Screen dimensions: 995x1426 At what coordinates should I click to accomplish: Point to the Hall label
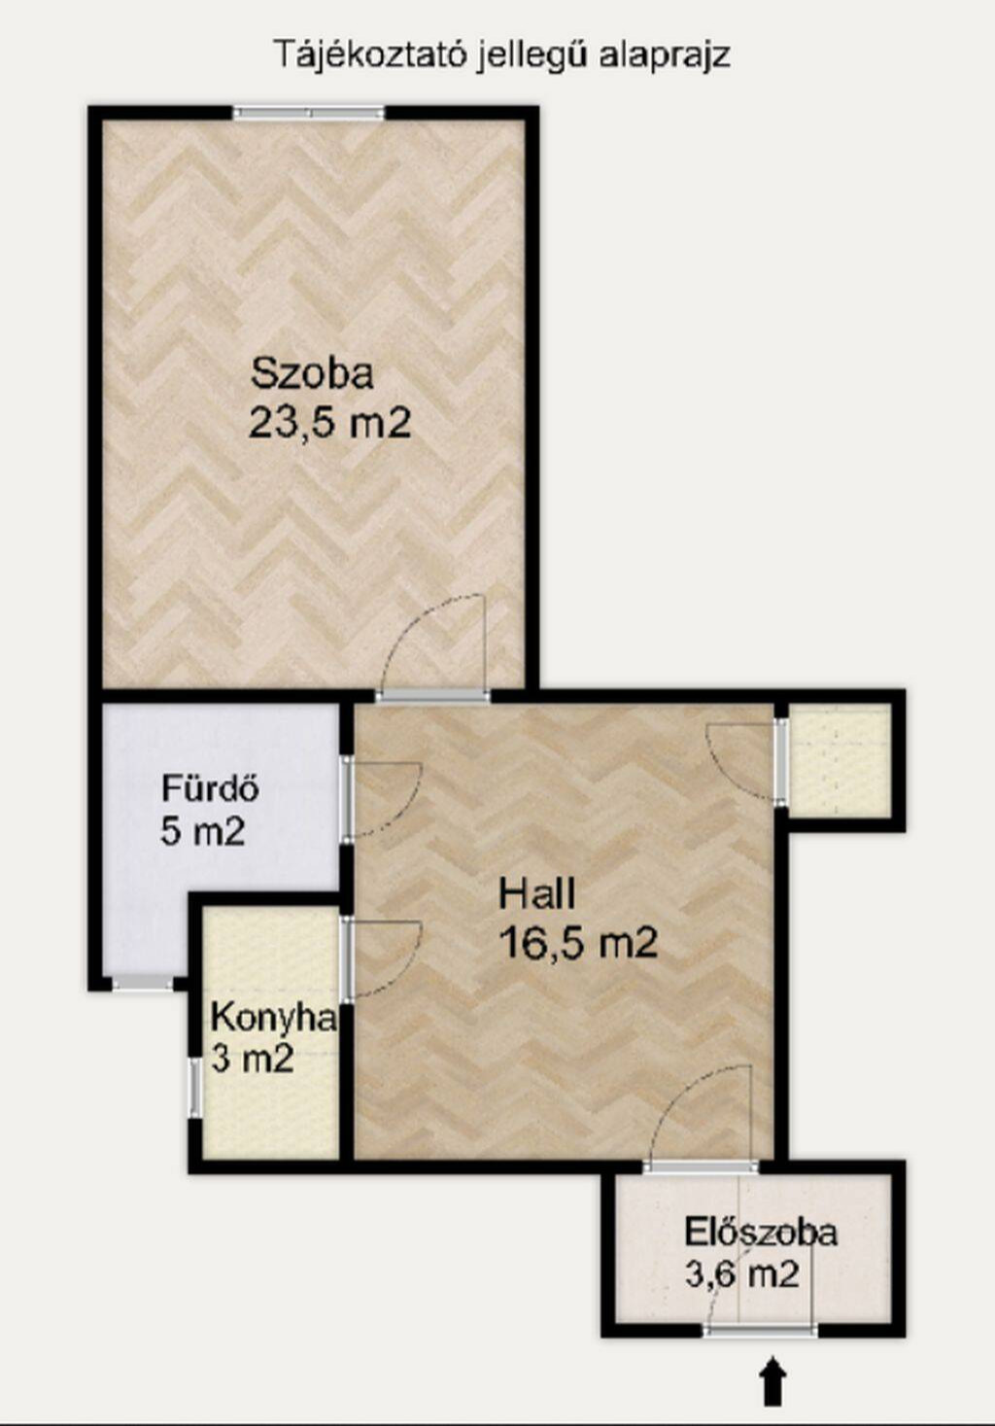pyautogui.click(x=537, y=892)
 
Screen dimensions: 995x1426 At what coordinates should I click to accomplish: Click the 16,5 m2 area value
pyautogui.click(x=578, y=942)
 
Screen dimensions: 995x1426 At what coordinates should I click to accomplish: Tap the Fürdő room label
pyautogui.click(x=210, y=787)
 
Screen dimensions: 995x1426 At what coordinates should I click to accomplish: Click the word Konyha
pyautogui.click(x=273, y=1018)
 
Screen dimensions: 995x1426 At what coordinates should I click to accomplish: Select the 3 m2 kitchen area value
pyautogui.click(x=253, y=1060)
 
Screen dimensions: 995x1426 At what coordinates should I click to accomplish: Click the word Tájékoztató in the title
pyautogui.click(x=368, y=56)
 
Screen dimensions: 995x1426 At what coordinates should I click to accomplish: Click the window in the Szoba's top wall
pyautogui.click(x=309, y=113)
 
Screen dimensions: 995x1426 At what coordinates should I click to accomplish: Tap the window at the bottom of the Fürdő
pyautogui.click(x=143, y=983)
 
